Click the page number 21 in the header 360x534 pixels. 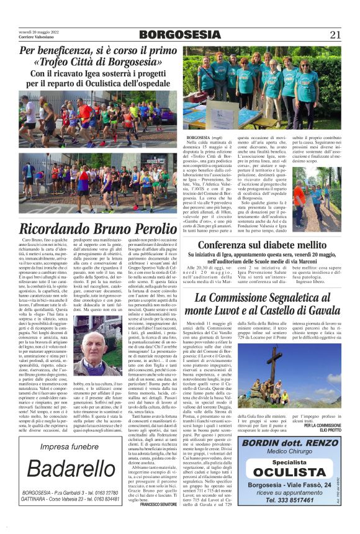pyautogui.click(x=335, y=35)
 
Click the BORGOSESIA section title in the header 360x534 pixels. pyautogui.click(x=179, y=35)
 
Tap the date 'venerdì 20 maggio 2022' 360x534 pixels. pyautogui.click(x=38, y=31)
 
